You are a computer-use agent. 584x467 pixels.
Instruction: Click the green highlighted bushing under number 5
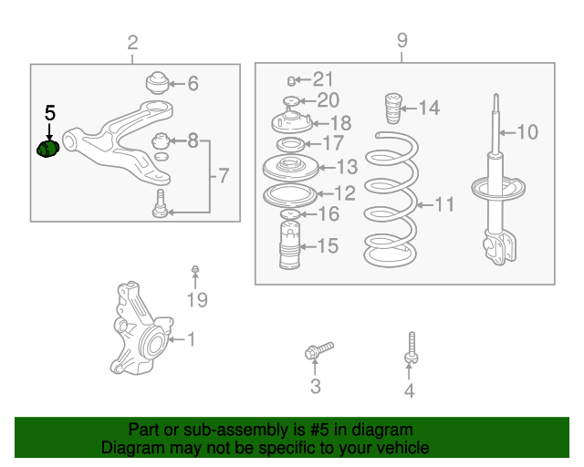point(48,149)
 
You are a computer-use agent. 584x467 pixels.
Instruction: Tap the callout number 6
point(193,83)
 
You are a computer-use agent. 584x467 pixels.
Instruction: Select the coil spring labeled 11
point(391,199)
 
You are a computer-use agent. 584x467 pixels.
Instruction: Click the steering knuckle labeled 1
point(141,328)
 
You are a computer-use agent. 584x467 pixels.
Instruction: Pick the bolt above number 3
point(318,350)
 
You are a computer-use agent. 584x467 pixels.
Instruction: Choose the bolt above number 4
point(412,348)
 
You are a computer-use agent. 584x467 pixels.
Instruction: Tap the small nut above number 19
point(195,269)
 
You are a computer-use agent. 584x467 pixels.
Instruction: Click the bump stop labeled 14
point(393,109)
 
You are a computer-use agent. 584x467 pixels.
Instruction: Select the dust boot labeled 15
point(290,244)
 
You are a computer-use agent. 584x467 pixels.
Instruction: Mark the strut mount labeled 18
point(292,122)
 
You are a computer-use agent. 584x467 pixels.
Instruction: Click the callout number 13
point(347,167)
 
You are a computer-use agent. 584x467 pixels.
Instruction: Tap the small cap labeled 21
point(292,80)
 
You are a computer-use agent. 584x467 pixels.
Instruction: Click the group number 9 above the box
point(402,40)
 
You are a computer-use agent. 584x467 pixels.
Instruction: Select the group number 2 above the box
point(132,43)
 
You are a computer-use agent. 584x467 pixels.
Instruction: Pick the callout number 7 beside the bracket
point(223,175)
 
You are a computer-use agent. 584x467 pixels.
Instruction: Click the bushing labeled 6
point(157,83)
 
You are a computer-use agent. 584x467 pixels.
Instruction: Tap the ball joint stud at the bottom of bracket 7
point(160,203)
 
